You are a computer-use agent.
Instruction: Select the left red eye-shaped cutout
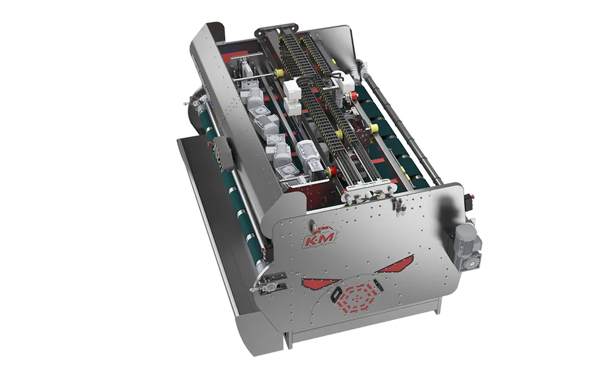coord(319,283)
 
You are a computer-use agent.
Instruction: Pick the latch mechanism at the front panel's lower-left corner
coord(269,283)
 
